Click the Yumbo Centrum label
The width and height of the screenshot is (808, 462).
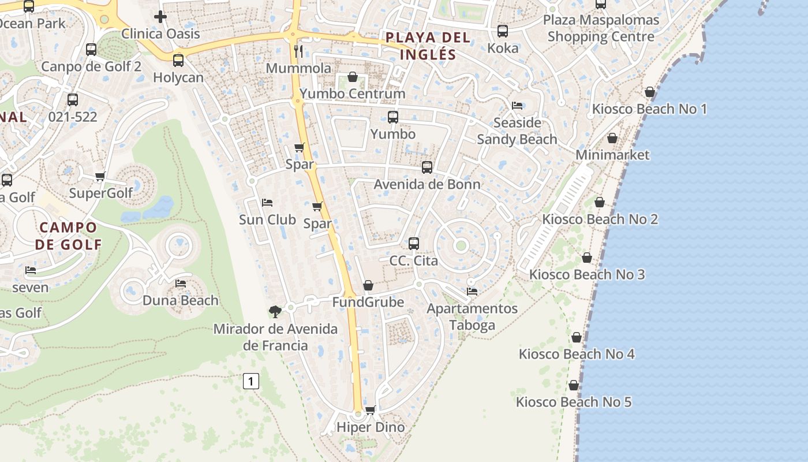[x=353, y=94]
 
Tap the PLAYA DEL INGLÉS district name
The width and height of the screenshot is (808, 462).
[x=428, y=46]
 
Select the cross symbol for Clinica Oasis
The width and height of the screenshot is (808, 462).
[x=160, y=17]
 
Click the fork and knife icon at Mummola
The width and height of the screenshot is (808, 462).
[x=298, y=51]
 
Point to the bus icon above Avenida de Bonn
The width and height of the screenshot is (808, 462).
[x=427, y=167]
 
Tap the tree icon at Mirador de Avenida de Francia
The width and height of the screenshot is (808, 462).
[x=275, y=312]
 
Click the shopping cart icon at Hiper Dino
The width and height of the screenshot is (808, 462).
[x=371, y=410]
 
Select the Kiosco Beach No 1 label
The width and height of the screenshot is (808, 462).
[x=649, y=109]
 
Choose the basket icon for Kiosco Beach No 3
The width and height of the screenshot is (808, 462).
[x=587, y=258]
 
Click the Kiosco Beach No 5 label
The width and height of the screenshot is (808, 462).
[x=574, y=402]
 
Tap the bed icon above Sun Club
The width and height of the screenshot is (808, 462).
[x=267, y=203]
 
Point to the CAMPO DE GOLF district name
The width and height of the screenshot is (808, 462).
[x=68, y=236]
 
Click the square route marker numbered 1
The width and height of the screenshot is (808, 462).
[x=251, y=381]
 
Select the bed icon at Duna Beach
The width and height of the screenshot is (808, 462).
[x=181, y=284]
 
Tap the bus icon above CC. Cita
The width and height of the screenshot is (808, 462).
[x=414, y=244]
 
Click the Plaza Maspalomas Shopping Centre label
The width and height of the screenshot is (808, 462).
[x=601, y=28]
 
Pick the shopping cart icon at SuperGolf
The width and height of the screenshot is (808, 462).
[x=100, y=176]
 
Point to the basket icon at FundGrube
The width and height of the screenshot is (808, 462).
[x=368, y=285]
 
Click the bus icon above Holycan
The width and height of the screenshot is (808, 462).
[x=178, y=60]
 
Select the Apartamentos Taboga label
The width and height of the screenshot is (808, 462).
[x=472, y=316]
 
